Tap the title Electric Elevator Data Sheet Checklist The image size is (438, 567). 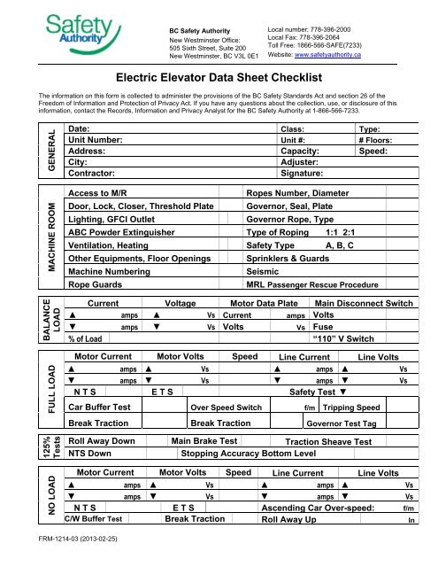pos(219,78)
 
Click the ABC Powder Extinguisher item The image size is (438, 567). pos(128,247)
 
